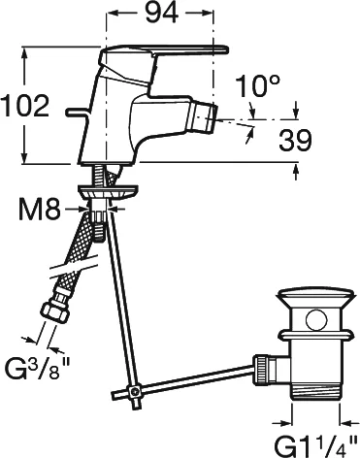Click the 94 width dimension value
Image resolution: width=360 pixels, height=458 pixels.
click(x=161, y=14)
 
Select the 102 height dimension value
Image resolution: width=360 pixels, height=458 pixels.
click(x=25, y=106)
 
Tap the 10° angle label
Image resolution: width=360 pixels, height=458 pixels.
click(x=257, y=86)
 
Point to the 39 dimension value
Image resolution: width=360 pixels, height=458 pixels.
click(x=295, y=141)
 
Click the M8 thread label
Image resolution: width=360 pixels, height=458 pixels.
click(x=40, y=210)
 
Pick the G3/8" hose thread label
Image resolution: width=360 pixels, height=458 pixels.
click(x=38, y=371)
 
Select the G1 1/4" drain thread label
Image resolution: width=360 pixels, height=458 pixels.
click(x=315, y=445)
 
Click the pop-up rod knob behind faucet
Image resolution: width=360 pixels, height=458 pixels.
click(x=77, y=112)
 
